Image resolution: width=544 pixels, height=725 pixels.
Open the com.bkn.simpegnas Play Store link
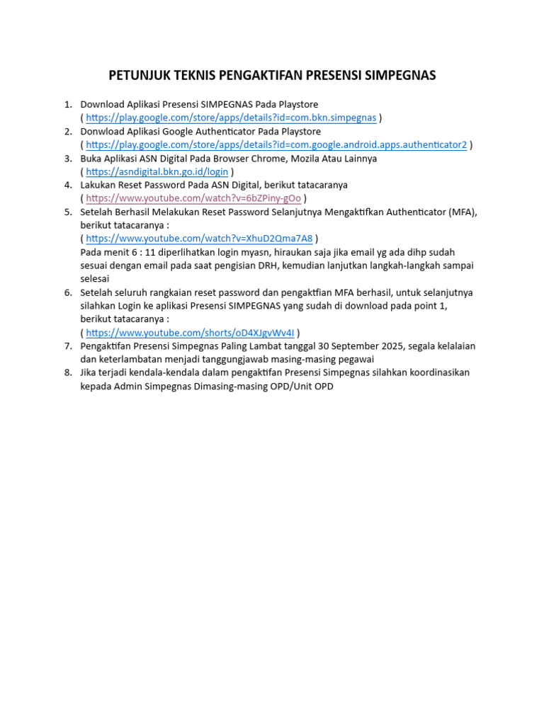pos(231,118)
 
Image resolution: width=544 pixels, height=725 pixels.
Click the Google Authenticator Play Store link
pos(276,145)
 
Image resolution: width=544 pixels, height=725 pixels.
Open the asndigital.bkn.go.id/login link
pos(157,172)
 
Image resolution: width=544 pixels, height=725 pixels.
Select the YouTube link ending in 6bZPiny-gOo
pos(193,198)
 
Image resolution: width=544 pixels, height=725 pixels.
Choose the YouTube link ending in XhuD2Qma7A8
pos(199,239)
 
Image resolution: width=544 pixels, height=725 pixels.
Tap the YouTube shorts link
pos(190,333)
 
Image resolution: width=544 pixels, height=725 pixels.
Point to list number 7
pos(68,346)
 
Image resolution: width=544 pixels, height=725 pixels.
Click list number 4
pos(68,185)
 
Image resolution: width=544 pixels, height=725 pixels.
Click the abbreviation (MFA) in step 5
pos(462,212)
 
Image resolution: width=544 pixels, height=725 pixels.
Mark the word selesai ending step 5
pos(95,279)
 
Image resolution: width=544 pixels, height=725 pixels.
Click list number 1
pos(68,105)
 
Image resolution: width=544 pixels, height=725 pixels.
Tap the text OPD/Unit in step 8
pos(305,387)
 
